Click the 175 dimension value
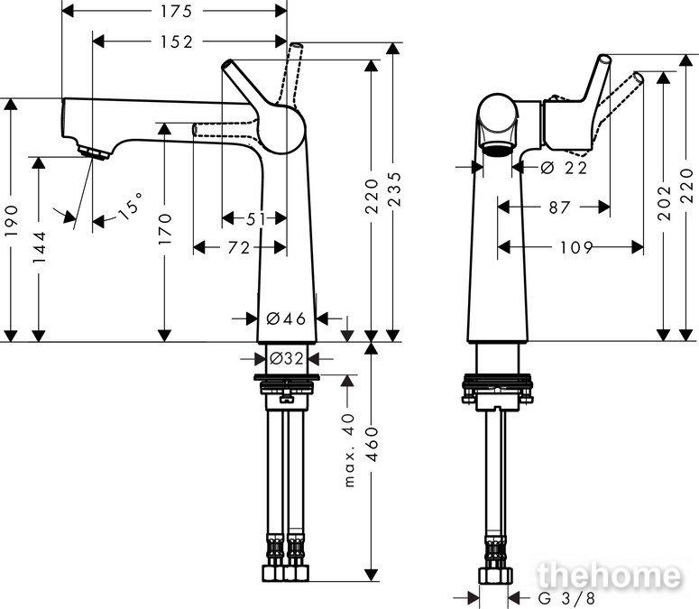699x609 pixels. click(176, 12)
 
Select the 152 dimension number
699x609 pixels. click(177, 42)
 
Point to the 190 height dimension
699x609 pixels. click(12, 220)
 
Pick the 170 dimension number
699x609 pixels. click(165, 228)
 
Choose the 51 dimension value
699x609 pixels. click(255, 219)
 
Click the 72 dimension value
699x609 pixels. click(239, 248)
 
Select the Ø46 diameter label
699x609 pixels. click(286, 318)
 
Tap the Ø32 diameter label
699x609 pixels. click(287, 358)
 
